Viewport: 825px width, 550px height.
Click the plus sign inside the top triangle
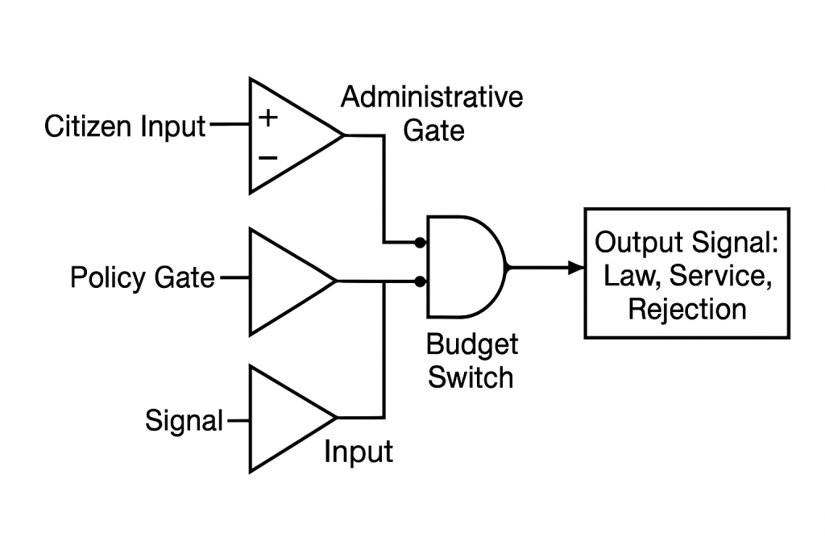point(267,119)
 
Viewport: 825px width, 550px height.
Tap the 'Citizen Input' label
point(125,127)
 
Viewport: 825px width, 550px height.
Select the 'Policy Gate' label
point(143,278)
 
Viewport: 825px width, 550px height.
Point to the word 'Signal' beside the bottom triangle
point(184,420)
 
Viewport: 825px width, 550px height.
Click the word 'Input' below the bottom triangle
point(359,452)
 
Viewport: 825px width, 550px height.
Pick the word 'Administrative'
point(432,98)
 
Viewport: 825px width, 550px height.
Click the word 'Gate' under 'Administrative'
point(433,130)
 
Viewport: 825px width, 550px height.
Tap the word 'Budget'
point(471,345)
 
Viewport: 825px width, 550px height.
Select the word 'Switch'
point(471,377)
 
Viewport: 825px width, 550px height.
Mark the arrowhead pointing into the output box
point(576,268)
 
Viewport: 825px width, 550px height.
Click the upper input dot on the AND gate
point(420,242)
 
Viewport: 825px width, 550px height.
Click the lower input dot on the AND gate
point(420,281)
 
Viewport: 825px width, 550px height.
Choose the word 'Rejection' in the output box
point(687,309)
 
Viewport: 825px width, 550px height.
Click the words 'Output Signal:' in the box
point(687,242)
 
